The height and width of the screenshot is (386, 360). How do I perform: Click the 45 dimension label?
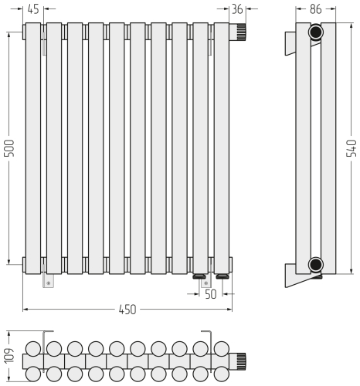[x=33, y=9]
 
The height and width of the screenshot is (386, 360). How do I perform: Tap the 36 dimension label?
[x=237, y=9]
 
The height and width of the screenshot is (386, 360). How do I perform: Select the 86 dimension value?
[x=316, y=9]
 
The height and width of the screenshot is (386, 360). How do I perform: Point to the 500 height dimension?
[x=10, y=148]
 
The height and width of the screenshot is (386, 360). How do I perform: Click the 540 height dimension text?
[x=352, y=148]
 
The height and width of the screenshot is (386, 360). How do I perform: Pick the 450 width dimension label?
[x=127, y=310]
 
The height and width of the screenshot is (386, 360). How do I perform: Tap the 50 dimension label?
[x=211, y=294]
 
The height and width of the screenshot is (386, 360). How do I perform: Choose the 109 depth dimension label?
[x=10, y=356]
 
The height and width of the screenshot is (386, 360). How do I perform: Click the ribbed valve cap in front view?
[x=242, y=31]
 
